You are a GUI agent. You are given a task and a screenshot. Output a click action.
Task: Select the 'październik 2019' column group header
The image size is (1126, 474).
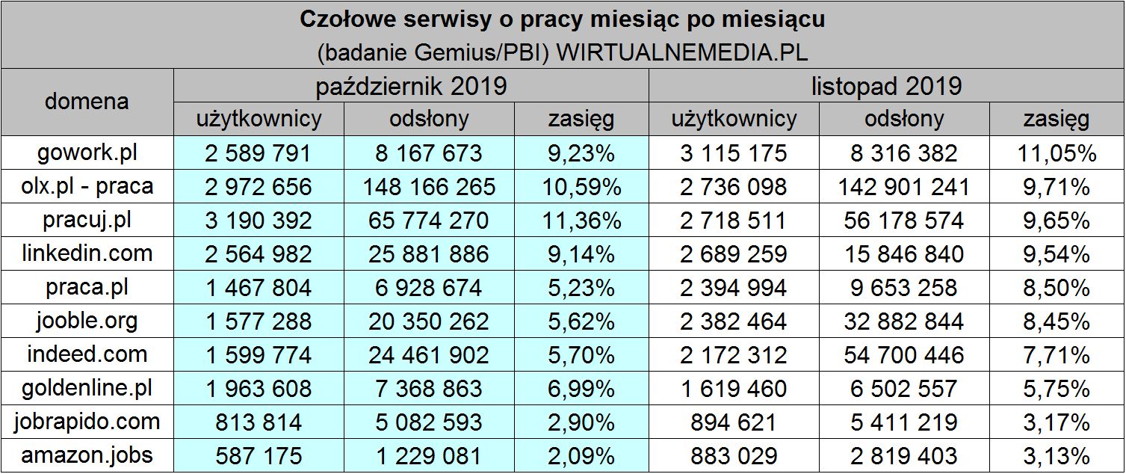411,86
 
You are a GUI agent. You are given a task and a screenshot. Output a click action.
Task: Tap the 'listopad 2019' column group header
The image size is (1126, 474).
886,86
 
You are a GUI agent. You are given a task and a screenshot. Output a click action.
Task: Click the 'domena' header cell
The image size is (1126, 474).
87,102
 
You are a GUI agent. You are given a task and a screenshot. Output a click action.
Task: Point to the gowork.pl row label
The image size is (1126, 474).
87,153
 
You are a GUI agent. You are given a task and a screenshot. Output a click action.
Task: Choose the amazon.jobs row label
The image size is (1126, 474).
87,455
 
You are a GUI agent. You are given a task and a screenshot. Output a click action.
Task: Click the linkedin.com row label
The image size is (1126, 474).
87,253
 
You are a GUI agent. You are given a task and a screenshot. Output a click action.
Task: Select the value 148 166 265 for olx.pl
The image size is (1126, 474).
429,187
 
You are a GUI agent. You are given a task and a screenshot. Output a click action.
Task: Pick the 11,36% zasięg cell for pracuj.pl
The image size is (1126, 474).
581,221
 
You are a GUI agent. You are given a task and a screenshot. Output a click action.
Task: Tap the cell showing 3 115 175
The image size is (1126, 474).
733,153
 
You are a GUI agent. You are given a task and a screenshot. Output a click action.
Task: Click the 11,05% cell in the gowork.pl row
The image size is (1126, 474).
1056,153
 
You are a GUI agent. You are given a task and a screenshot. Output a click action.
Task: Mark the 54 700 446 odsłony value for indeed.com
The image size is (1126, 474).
903,354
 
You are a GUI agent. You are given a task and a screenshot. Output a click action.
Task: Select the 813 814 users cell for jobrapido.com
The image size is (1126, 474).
259,422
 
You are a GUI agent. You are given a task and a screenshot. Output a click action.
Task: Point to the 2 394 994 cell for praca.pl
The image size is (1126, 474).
733,288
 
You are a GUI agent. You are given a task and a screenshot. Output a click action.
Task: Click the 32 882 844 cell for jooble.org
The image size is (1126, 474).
903,321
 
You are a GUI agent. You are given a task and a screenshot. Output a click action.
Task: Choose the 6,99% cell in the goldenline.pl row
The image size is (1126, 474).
581,389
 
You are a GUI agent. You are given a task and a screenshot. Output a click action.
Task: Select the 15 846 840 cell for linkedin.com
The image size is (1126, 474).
903,254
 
